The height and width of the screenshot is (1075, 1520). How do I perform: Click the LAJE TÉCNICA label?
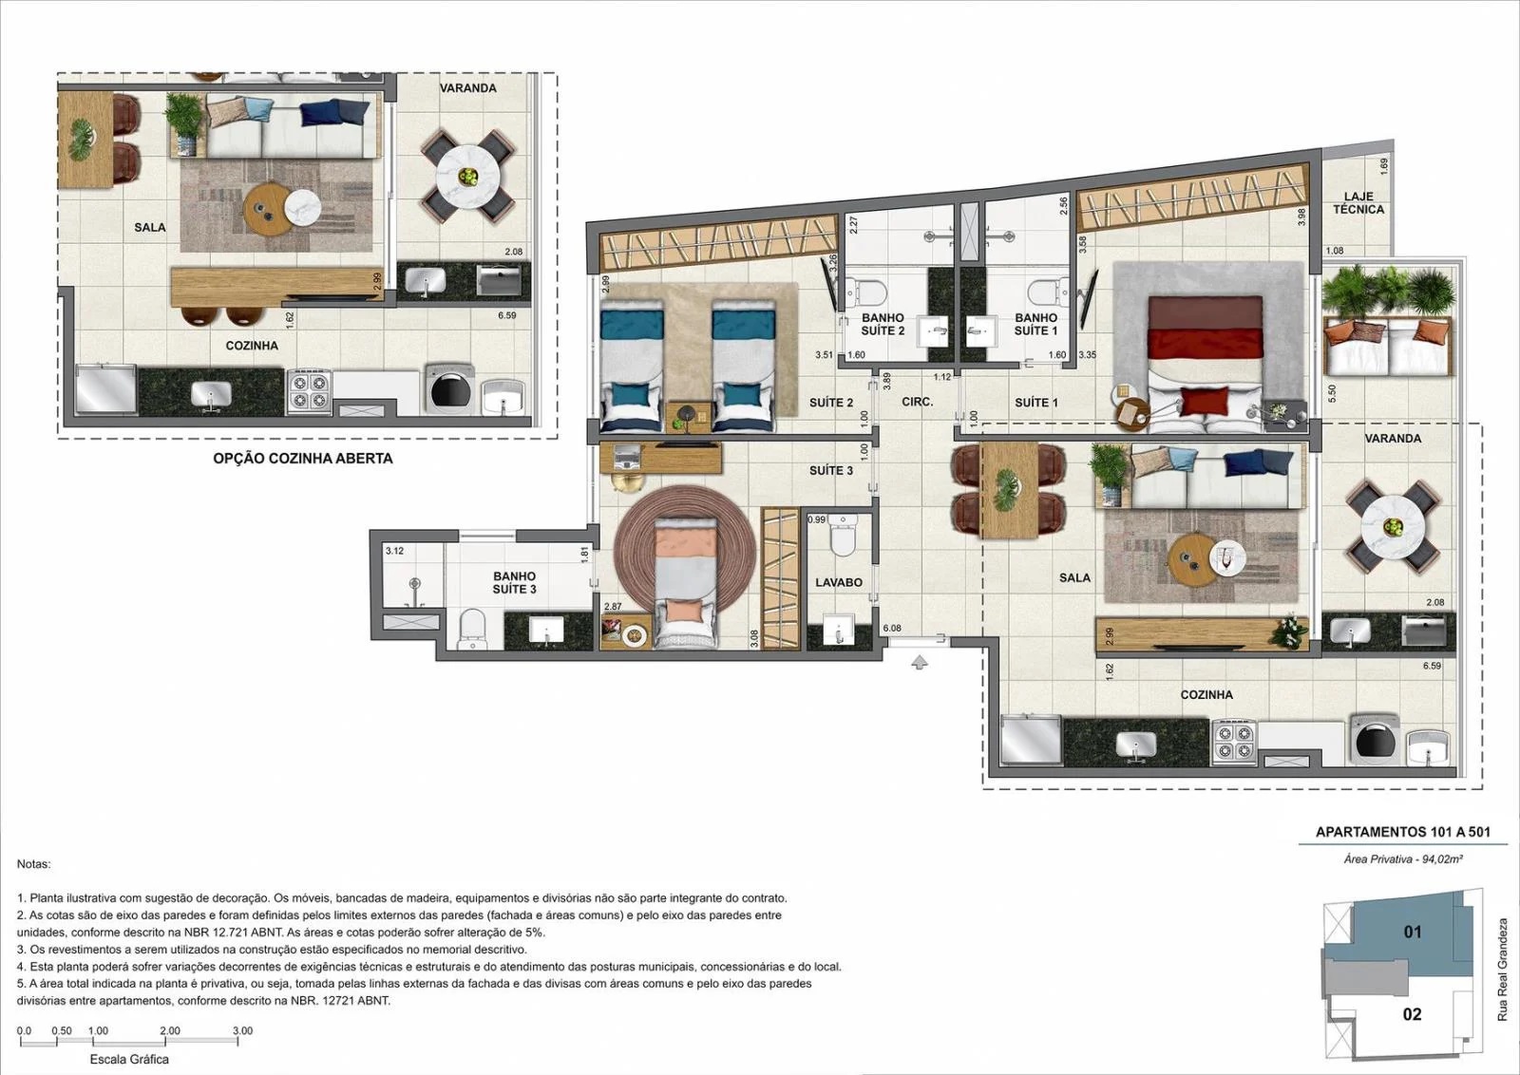coord(1358,203)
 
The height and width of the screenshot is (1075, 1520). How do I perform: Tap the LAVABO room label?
coord(839,582)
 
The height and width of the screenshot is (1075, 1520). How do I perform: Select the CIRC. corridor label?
coord(918,402)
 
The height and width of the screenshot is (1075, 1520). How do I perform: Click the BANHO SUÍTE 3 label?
coord(514,582)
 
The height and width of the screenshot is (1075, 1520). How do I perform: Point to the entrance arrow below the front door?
coord(920,662)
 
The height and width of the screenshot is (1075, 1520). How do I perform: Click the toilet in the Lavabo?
coord(842,536)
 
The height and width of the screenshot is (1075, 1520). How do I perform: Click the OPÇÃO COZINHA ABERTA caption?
coord(303,459)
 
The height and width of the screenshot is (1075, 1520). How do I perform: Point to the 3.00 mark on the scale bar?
coord(242,1031)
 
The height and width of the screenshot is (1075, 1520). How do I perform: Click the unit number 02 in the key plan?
coord(1412,1014)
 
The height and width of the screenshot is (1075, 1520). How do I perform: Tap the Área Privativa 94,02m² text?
coord(1402,859)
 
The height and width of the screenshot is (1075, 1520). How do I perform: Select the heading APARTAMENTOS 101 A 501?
coord(1402,832)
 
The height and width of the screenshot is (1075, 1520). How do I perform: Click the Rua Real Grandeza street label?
coord(1502,970)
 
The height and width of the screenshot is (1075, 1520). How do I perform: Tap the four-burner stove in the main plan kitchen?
coord(1234,742)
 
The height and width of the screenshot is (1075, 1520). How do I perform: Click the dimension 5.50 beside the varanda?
coord(1331,394)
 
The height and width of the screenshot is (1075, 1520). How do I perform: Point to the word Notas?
coord(34,864)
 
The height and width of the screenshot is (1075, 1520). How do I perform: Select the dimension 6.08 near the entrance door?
coord(892,628)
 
